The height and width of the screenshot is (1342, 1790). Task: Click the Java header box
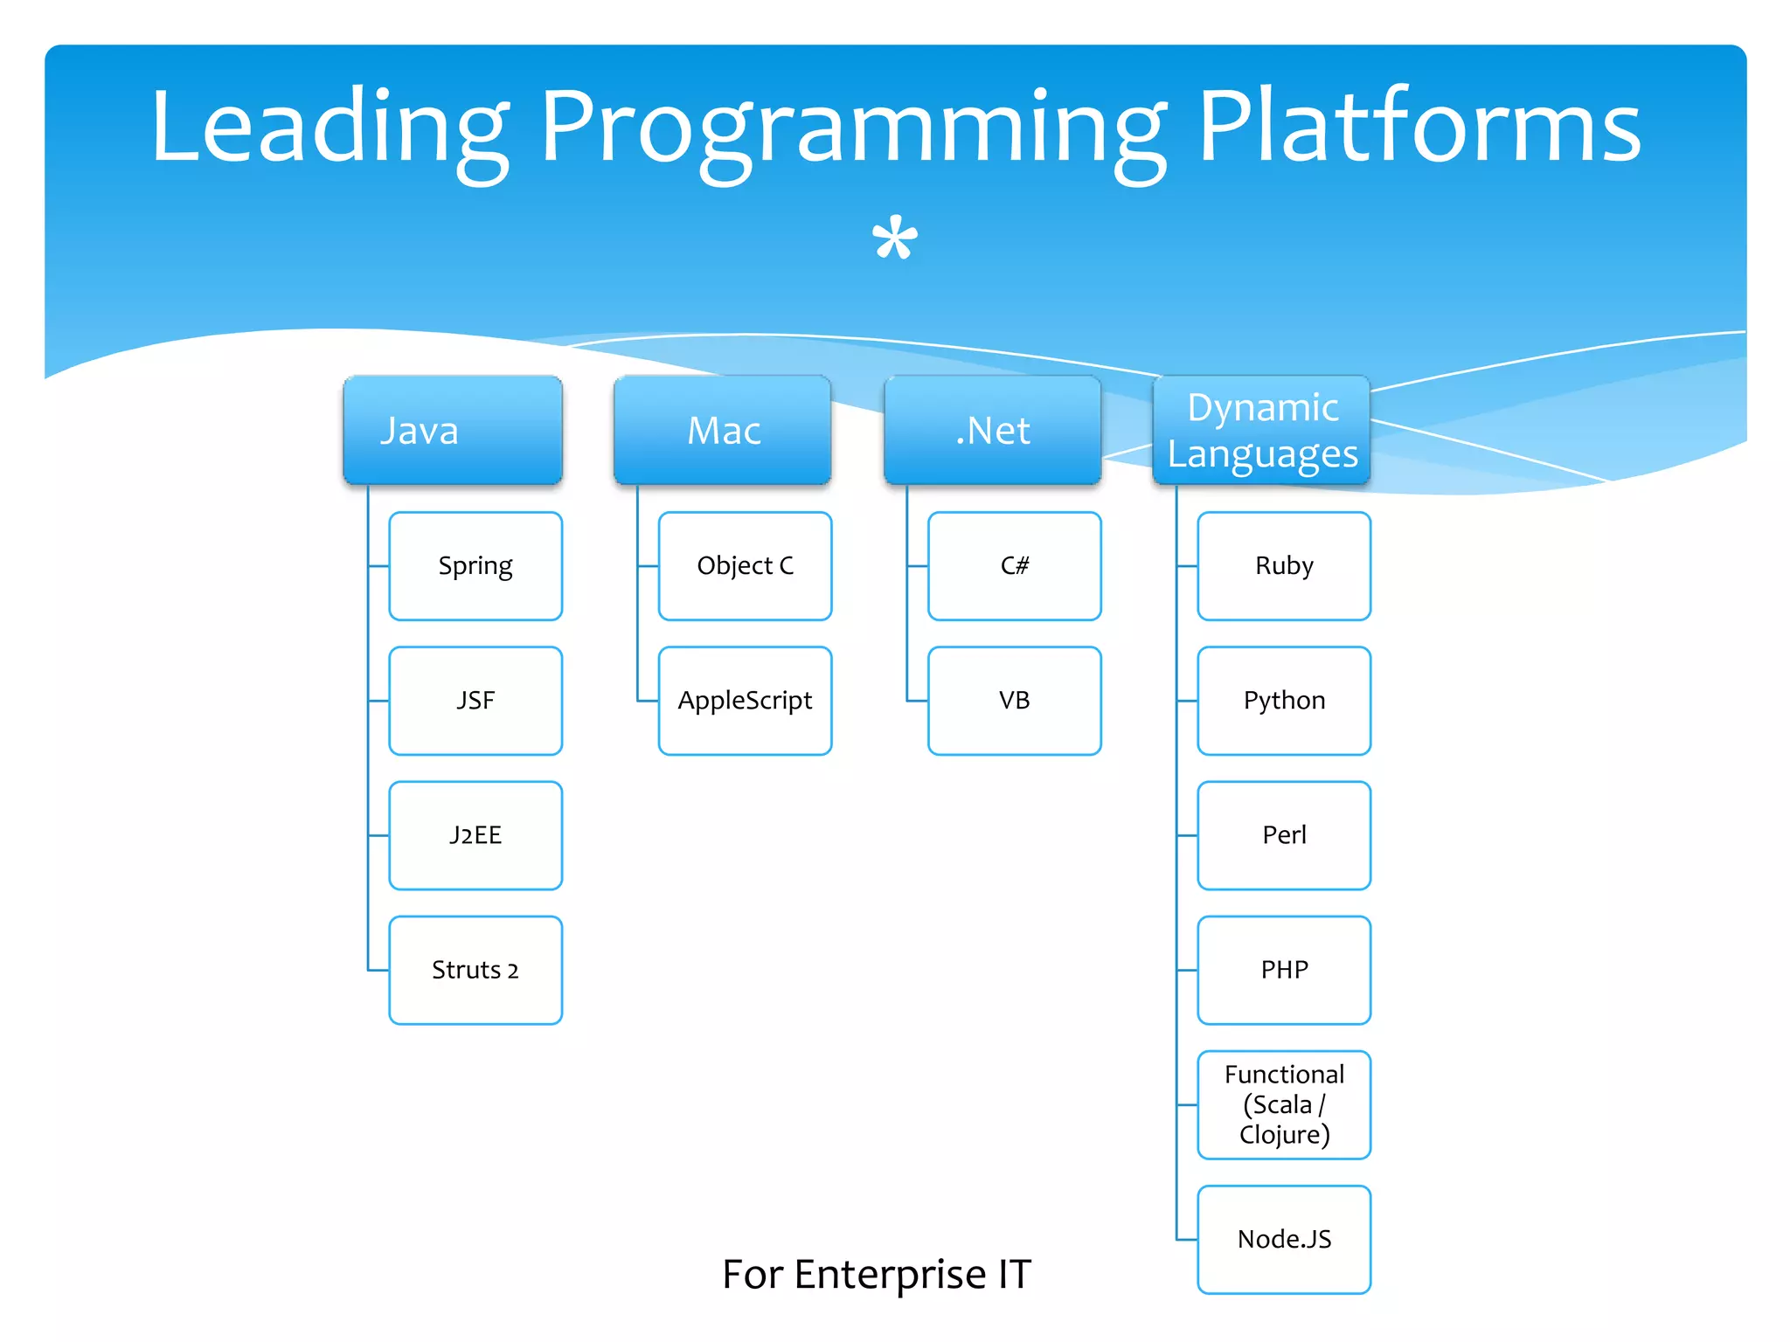(x=452, y=430)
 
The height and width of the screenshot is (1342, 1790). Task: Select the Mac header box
(x=722, y=430)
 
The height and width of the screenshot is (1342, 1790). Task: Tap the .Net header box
(x=992, y=430)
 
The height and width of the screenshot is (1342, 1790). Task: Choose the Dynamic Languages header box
(x=1261, y=430)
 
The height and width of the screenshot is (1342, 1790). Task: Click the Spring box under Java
(x=475, y=566)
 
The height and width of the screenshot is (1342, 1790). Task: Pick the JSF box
(x=475, y=701)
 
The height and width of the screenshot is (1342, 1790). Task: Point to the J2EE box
(x=475, y=835)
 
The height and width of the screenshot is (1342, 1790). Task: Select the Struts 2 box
(x=475, y=970)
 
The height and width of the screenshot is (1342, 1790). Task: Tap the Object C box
(x=745, y=566)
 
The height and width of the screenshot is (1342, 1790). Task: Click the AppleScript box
(x=745, y=701)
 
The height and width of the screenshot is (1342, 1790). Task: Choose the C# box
(x=1014, y=566)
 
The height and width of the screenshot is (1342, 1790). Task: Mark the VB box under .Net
(x=1014, y=701)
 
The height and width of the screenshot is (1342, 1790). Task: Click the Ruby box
(x=1284, y=566)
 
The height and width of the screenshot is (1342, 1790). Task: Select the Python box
(x=1284, y=701)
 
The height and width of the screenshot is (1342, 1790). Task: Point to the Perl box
(x=1284, y=835)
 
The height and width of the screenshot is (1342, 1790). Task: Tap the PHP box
(x=1284, y=970)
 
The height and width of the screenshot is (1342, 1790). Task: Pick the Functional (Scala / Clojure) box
(x=1284, y=1104)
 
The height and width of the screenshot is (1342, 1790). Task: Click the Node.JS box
(x=1284, y=1239)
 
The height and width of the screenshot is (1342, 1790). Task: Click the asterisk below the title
(x=895, y=238)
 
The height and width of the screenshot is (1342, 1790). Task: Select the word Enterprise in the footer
(x=890, y=1275)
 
